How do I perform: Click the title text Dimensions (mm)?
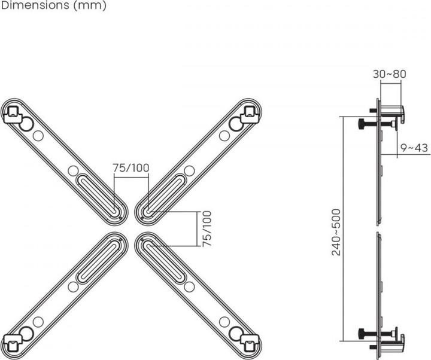pos(53,6)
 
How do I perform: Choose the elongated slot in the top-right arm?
pos(163,191)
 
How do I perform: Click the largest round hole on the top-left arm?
pos(26,124)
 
